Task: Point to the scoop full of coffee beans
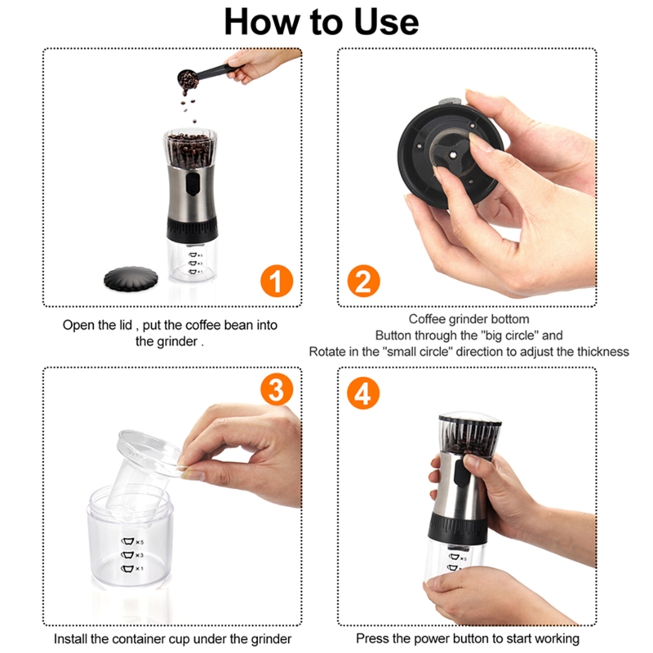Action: coord(187,79)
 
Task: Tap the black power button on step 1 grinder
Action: coord(190,184)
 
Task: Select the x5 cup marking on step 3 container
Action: coord(131,541)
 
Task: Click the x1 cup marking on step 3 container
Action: coord(131,568)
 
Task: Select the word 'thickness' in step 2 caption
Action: coord(600,352)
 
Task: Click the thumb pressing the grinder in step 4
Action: coord(473,463)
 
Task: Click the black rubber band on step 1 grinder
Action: coord(193,227)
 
